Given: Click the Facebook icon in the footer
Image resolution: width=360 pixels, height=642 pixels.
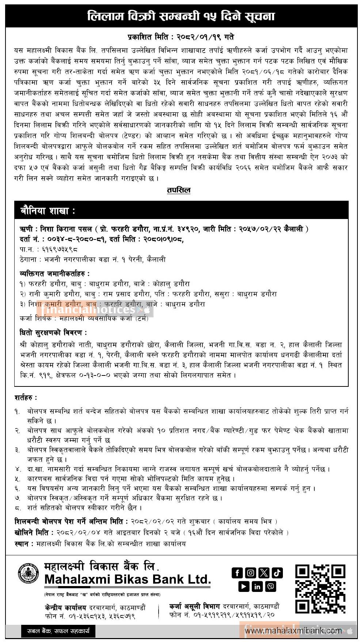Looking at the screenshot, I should point(237,573).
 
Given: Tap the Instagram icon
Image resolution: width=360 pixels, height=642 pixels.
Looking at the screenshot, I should point(250,573).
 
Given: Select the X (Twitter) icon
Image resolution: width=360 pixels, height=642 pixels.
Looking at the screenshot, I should point(264,573).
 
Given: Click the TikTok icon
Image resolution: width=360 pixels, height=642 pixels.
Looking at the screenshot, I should point(277,573).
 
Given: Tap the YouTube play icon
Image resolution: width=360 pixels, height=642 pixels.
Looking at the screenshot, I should point(244,586).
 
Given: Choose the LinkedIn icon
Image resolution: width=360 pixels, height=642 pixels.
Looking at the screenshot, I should point(257,586).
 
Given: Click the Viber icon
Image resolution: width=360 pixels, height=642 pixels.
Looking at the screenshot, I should point(271,586).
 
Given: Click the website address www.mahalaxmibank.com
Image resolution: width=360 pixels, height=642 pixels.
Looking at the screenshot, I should point(293,631).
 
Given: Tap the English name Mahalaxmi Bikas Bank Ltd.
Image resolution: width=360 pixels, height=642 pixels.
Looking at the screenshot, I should point(128,579).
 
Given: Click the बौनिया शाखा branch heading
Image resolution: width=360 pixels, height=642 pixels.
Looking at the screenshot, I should point(48,211).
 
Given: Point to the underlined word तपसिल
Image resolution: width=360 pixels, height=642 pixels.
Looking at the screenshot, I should point(179,190).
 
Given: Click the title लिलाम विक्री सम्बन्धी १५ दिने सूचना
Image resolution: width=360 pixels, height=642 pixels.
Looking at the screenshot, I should point(181,16).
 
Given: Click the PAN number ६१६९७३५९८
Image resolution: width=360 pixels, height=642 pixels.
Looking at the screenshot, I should point(60,249).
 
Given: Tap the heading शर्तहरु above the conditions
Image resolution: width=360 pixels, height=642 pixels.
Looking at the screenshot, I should point(26,397).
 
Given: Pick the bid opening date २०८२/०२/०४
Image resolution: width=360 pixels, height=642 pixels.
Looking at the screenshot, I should point(78,533).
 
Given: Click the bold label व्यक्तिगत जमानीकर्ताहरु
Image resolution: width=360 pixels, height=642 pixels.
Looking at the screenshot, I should point(54,273).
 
